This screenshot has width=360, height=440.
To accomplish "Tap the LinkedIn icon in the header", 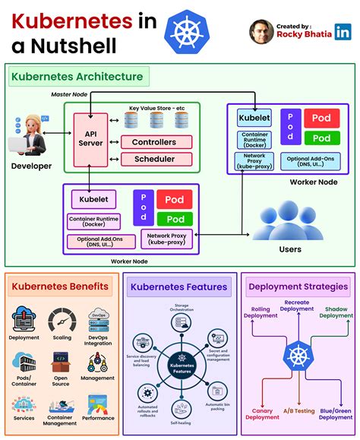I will coord(343,31).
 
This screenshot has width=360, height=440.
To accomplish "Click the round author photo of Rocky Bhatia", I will coord(262,31).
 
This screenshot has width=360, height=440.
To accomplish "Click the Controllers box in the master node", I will coord(154,142).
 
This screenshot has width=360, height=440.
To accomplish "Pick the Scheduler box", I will coord(154,159).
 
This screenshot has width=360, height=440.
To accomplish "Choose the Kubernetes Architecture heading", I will coord(75,77).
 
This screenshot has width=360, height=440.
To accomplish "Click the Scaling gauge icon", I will coord(62,320).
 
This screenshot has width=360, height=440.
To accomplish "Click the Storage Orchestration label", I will coord(182,308).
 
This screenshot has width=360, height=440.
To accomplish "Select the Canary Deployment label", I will coord(263,413).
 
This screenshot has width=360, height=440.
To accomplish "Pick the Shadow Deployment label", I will coord(336,312).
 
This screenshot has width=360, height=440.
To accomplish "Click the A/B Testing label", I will coord(299,411).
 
